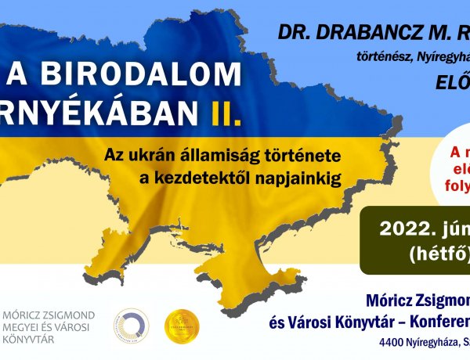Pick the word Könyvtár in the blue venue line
365,320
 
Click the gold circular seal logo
182,326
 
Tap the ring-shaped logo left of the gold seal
131,326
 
